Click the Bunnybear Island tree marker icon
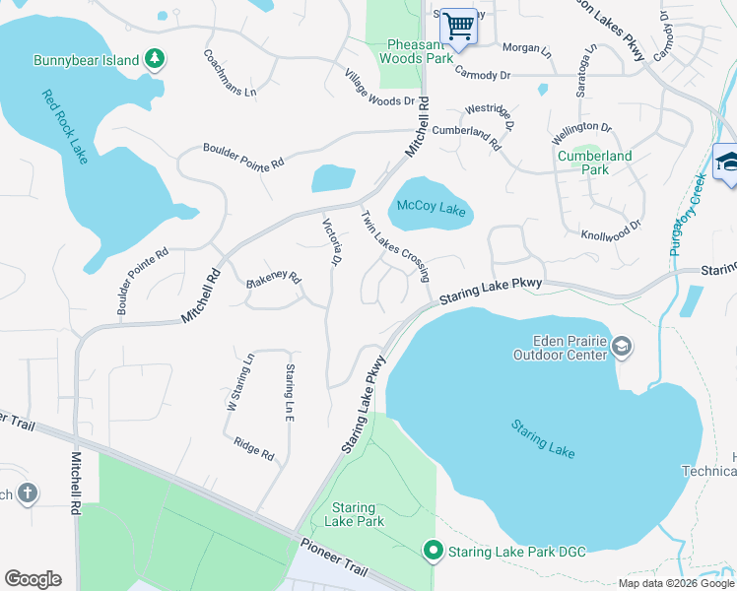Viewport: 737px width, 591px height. [154, 60]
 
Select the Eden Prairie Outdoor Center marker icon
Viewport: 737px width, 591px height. [622, 346]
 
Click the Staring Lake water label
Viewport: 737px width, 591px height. [543, 438]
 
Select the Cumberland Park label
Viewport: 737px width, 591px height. [594, 163]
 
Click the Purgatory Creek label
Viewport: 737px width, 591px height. [688, 215]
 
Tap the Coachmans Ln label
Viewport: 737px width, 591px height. [230, 73]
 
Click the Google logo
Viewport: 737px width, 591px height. [33, 579]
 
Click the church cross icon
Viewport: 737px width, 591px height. [27, 492]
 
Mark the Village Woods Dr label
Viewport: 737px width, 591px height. [379, 89]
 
